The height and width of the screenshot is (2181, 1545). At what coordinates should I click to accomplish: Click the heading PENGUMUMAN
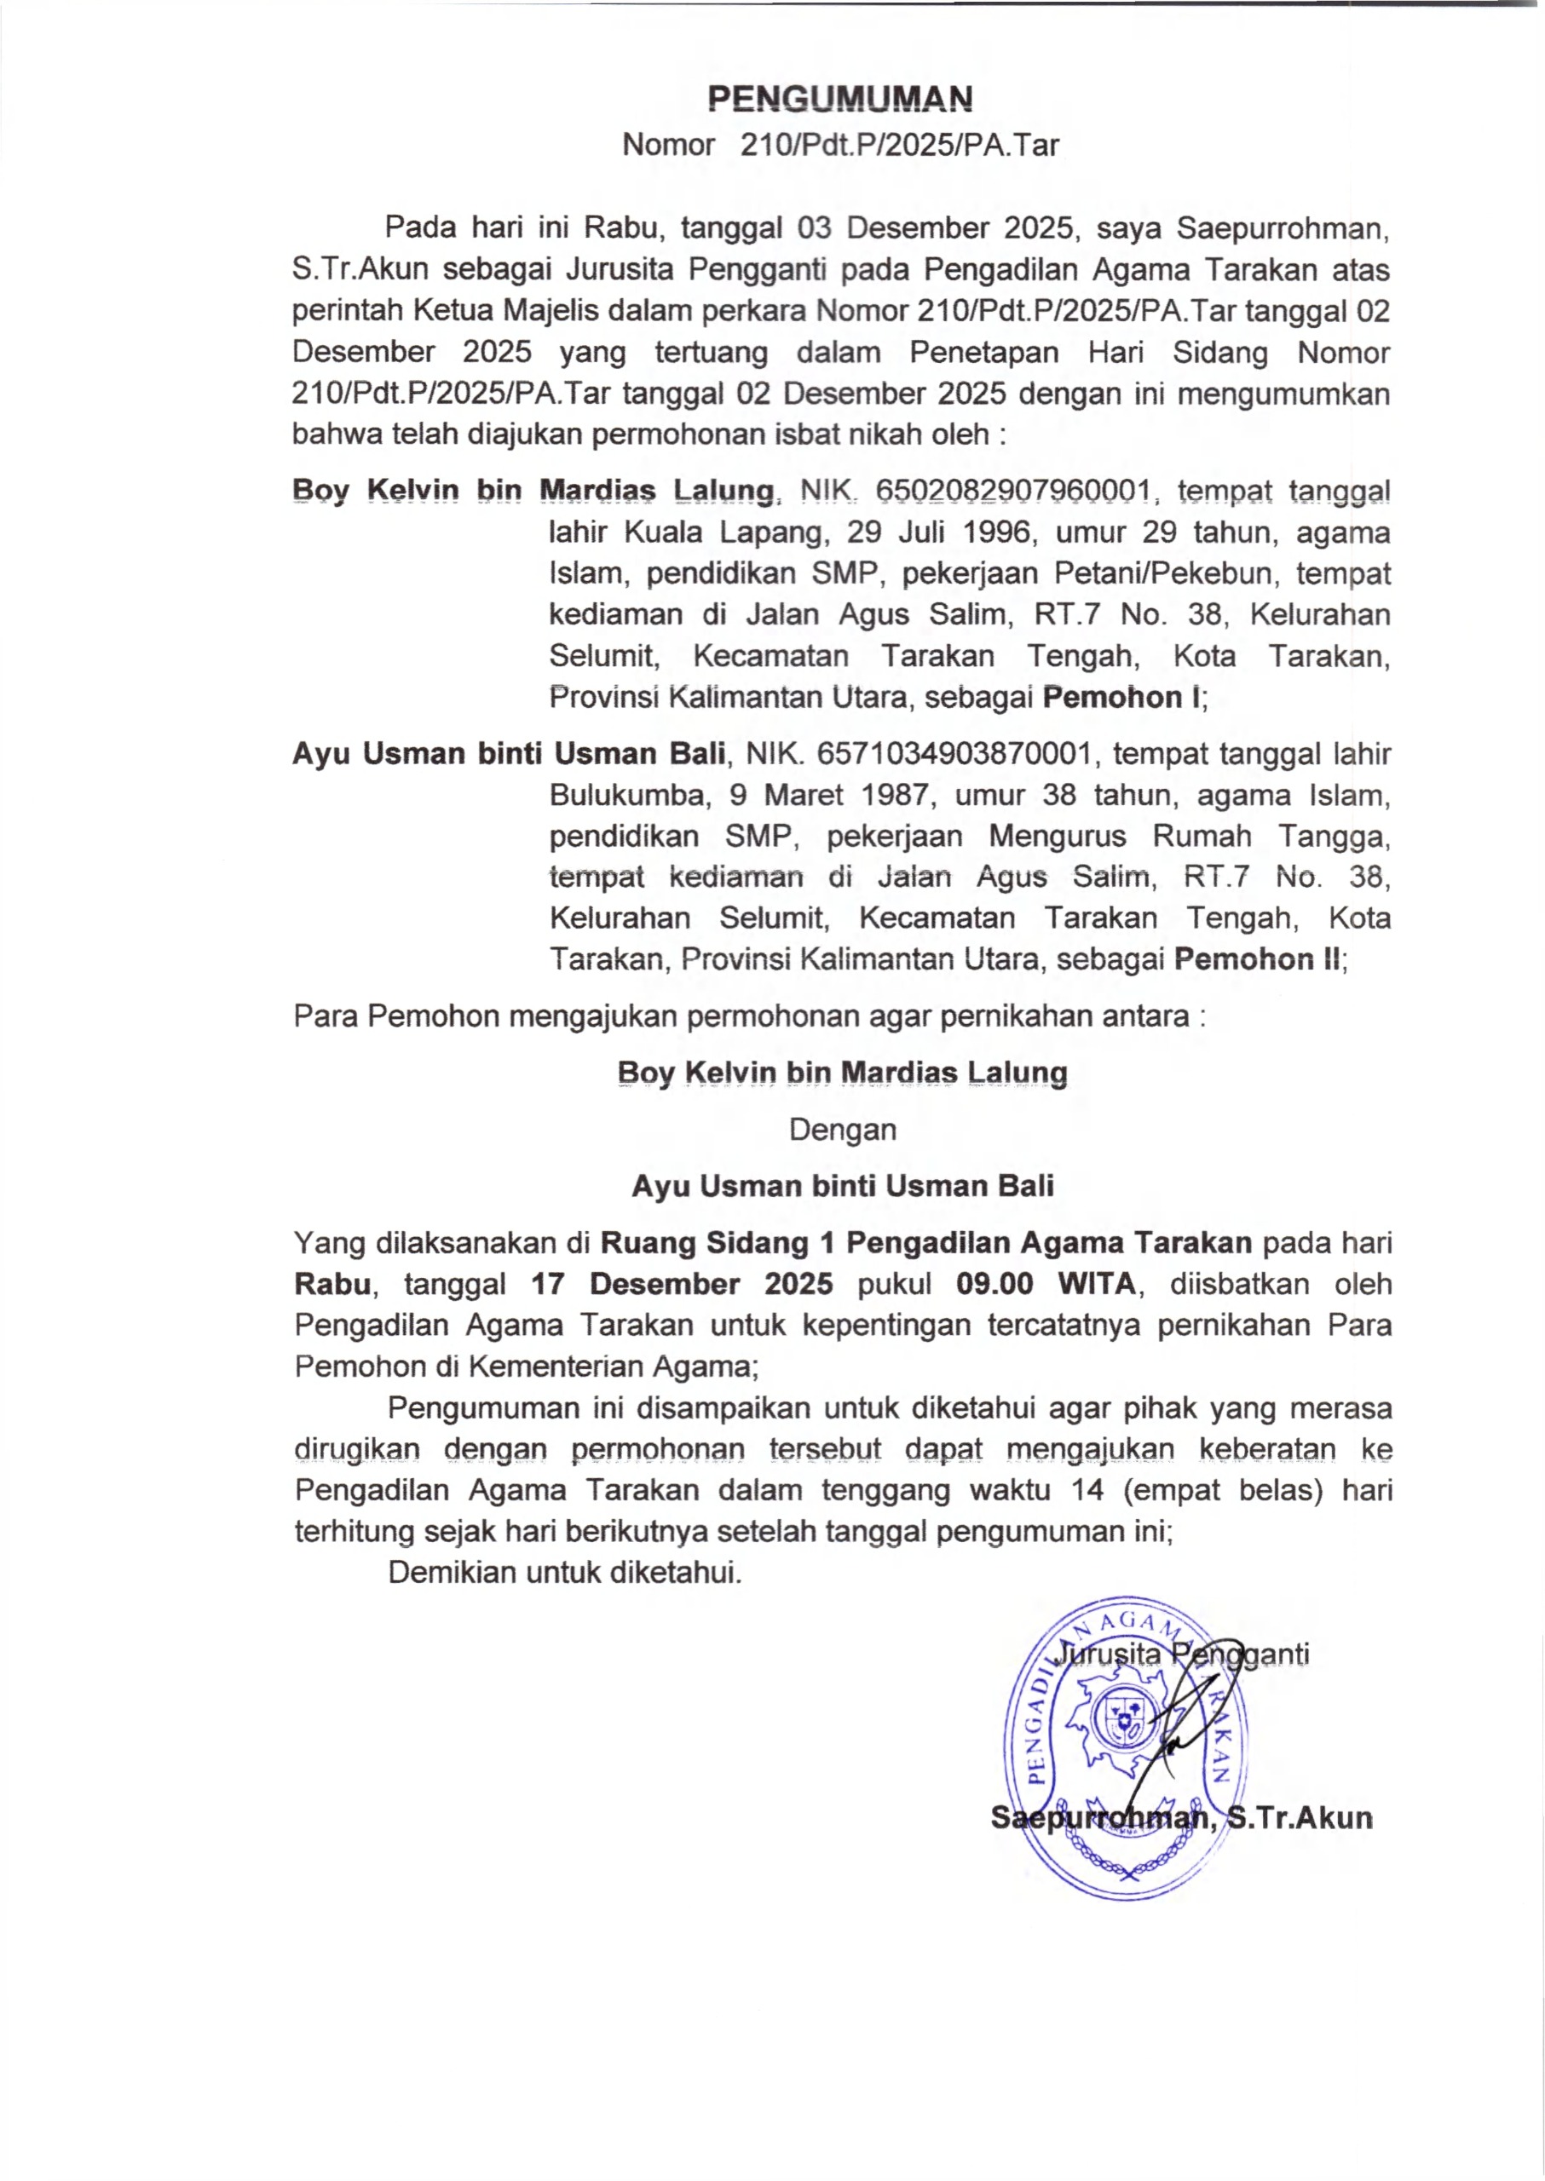coord(841,98)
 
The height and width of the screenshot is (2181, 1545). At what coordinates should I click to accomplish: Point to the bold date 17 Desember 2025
coord(682,1284)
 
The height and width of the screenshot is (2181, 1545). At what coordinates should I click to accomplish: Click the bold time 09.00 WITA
coord(1046,1284)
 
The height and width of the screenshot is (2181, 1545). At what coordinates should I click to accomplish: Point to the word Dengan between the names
coord(842,1130)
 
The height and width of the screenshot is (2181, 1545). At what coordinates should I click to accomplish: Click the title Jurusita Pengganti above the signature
coord(1184,1653)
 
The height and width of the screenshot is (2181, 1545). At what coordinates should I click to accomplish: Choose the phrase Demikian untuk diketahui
coord(565,1572)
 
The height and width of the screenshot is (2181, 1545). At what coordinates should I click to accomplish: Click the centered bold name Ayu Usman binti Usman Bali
coord(842,1186)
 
